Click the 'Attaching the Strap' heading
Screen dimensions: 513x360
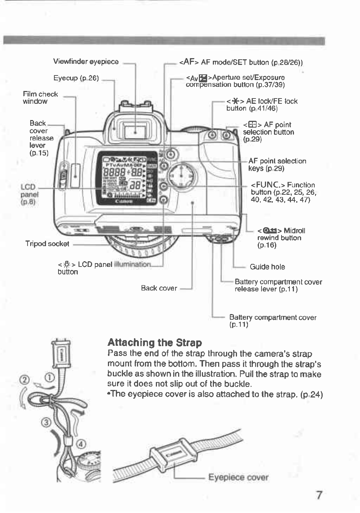(x=154, y=343)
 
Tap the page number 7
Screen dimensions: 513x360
(x=319, y=495)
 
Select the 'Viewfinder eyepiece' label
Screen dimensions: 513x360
(x=86, y=62)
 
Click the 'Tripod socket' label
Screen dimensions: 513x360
(x=47, y=244)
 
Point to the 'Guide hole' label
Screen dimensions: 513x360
(x=267, y=267)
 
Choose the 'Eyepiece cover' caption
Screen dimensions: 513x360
(x=238, y=478)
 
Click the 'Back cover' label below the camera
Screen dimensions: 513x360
(x=159, y=288)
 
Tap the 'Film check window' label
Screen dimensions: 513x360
(x=40, y=98)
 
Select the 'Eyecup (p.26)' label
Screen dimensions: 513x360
(x=76, y=78)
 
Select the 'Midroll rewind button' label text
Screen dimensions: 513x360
(x=281, y=238)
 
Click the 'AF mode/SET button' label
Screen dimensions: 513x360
(x=241, y=62)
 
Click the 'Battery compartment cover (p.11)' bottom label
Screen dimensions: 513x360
(x=272, y=321)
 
